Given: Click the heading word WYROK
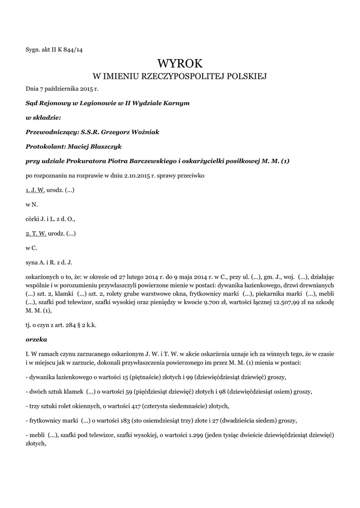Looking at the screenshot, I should [x=180, y=63].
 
